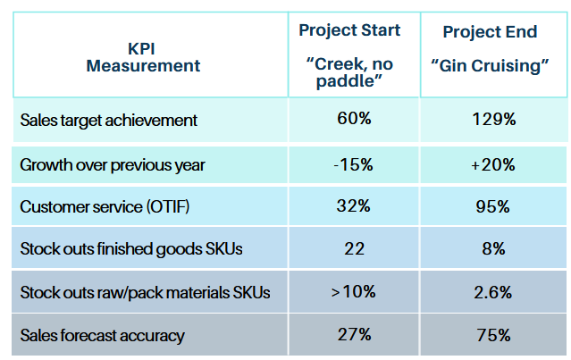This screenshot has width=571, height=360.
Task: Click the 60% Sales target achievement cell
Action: click(354, 119)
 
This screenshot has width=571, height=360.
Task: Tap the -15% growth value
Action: click(354, 164)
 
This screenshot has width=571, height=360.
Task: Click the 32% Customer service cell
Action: click(354, 206)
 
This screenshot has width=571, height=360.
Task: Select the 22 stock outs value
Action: click(354, 249)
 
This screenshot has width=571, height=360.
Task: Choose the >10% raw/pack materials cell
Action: click(354, 292)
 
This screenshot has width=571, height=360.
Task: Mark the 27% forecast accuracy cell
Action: click(354, 335)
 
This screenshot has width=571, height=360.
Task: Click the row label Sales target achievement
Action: click(108, 120)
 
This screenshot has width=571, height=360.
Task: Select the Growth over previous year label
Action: click(113, 164)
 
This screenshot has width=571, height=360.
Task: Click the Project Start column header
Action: click(349, 30)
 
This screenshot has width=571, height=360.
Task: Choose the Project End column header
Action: click(490, 32)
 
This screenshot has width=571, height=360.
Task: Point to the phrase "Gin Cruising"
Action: click(490, 67)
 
